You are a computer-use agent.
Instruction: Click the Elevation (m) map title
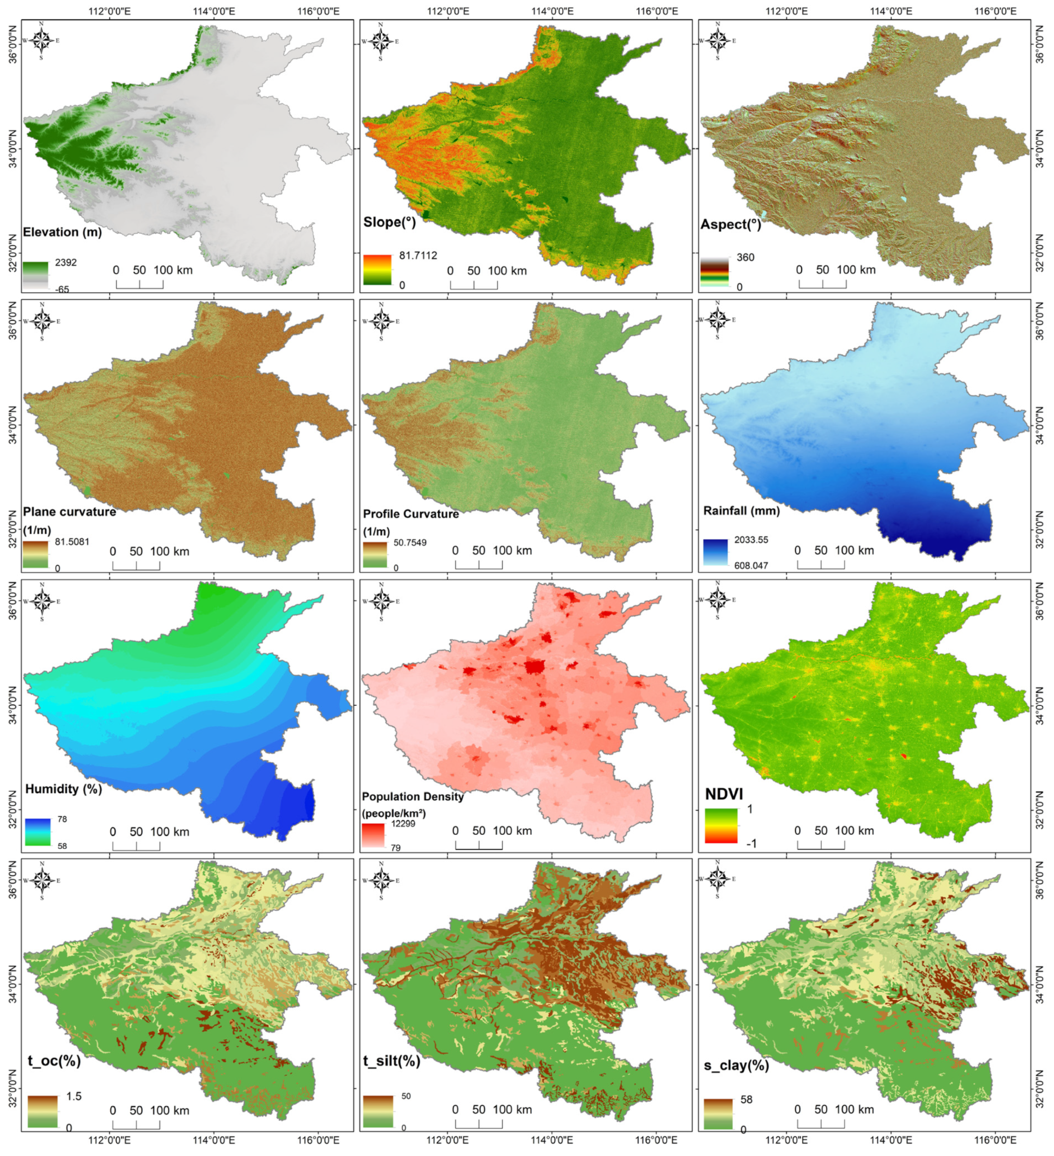click(62, 232)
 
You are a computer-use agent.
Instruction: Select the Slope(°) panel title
click(389, 222)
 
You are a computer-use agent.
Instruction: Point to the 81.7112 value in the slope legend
click(418, 256)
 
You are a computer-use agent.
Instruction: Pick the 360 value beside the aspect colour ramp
click(745, 257)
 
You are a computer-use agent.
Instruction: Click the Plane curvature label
click(69, 511)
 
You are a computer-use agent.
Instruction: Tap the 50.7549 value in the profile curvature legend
click(410, 542)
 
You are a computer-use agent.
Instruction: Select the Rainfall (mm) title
click(741, 510)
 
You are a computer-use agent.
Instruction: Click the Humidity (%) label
click(63, 789)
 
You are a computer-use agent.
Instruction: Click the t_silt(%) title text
click(391, 1061)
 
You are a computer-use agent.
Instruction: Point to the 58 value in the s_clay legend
click(746, 1100)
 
